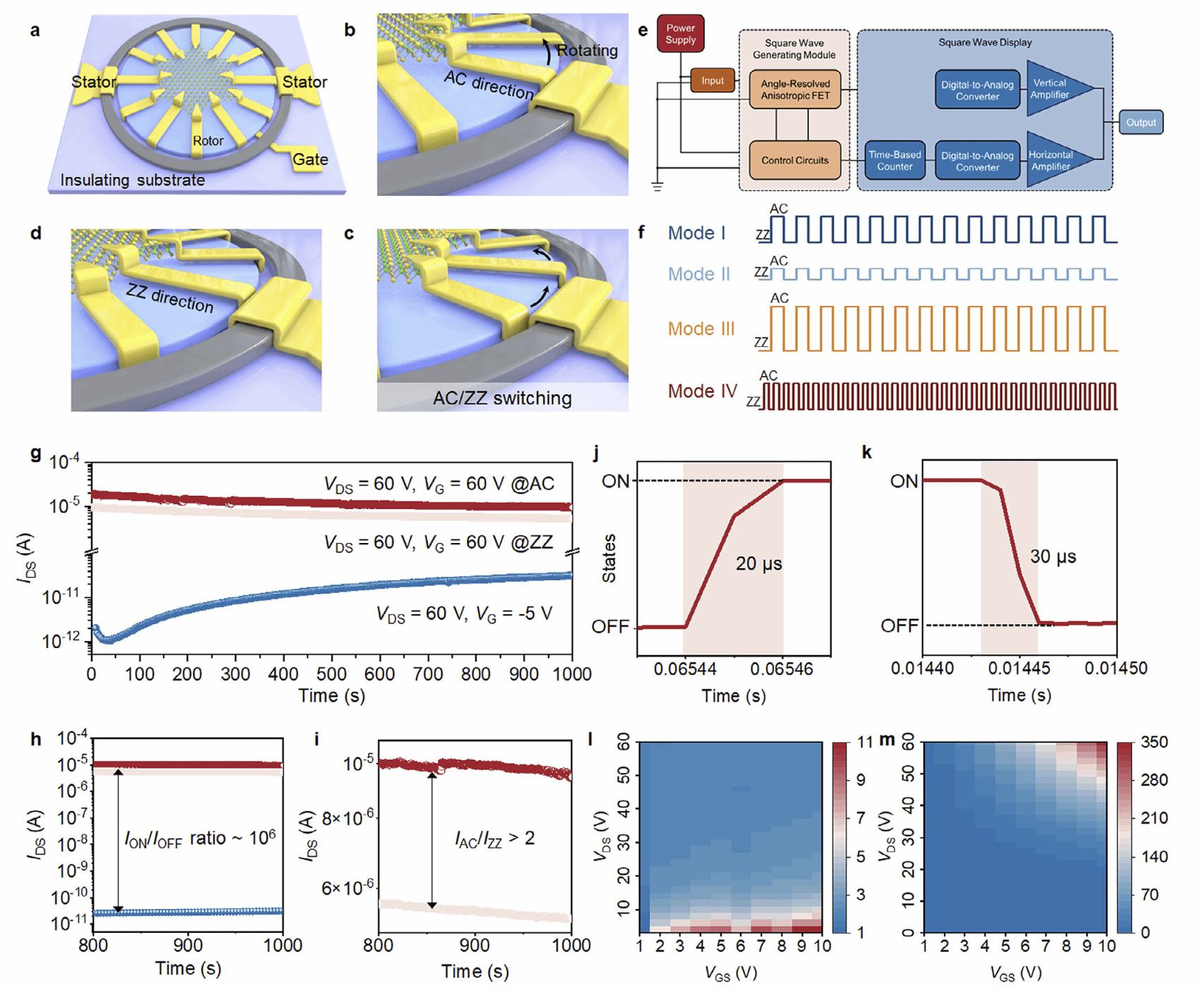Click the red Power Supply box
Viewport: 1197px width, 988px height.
click(680, 34)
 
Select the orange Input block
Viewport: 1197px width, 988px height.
click(712, 80)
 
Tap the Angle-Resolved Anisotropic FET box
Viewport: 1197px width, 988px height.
click(794, 90)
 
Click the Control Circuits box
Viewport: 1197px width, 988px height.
click(794, 160)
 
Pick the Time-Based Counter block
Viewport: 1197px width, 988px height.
click(895, 160)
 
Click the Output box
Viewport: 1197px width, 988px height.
click(1141, 122)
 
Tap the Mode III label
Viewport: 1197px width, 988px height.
click(701, 329)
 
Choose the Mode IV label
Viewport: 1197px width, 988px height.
click(702, 391)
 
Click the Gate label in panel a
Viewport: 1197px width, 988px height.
click(310, 159)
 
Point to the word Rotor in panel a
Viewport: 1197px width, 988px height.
click(208, 141)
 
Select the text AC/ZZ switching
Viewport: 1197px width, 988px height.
click(502, 398)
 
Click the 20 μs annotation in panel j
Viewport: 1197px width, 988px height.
click(759, 563)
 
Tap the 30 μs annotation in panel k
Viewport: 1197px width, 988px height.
click(1052, 556)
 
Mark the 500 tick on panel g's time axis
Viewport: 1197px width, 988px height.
click(331, 674)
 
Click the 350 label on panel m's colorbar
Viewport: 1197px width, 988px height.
click(1154, 742)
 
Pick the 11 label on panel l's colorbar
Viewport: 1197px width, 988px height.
click(865, 742)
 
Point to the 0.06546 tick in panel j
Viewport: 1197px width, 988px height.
click(782, 669)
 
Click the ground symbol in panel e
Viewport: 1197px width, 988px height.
click(657, 186)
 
